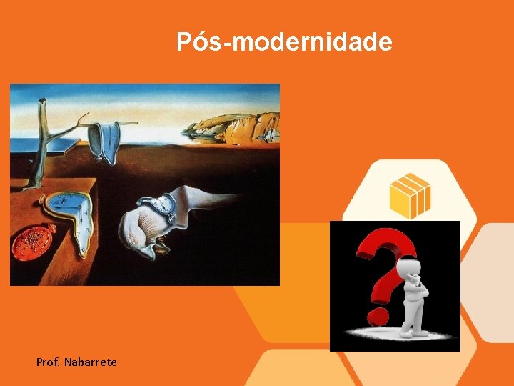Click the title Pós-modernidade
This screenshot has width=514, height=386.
[x=284, y=42]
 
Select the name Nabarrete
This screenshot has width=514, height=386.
[x=90, y=363]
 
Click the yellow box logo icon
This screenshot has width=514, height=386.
[x=410, y=195]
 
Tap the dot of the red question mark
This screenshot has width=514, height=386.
[x=376, y=315]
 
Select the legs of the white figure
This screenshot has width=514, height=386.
[x=412, y=318]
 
